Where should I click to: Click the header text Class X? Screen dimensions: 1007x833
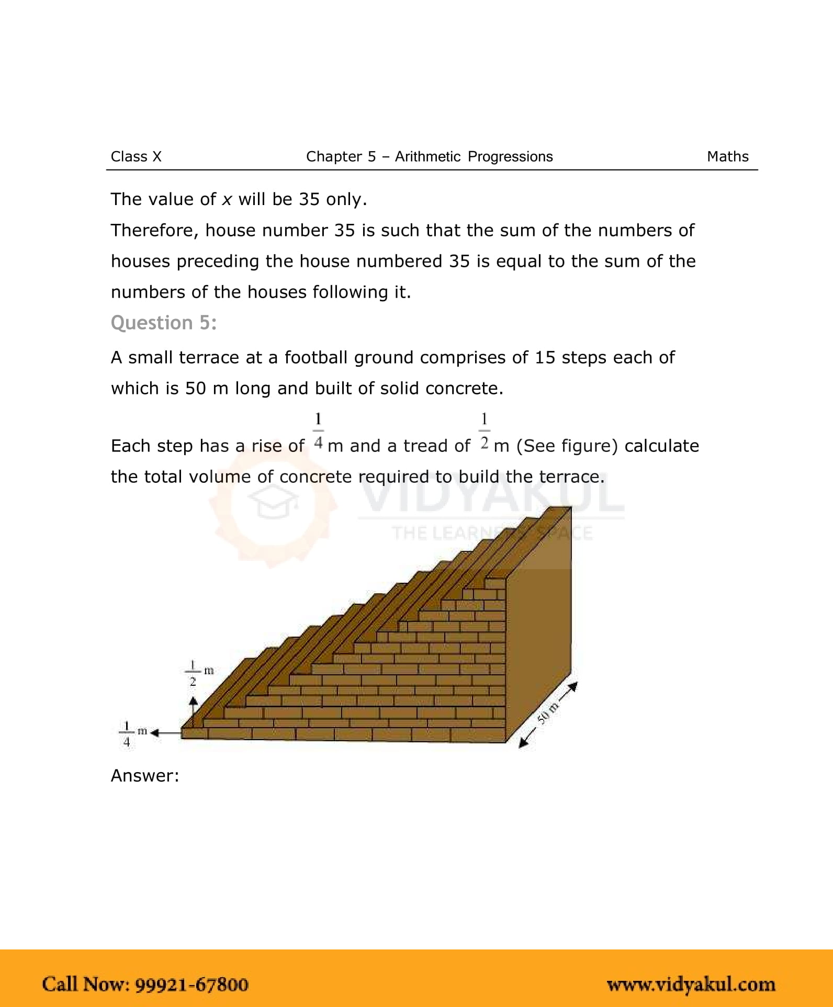point(136,156)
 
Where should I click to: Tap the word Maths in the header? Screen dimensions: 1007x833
point(727,156)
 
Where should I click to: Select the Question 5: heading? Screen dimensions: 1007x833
point(163,323)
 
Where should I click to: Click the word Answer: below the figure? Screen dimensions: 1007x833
point(145,775)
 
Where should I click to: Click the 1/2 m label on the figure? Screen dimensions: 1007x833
point(198,673)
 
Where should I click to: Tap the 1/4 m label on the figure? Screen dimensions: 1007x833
point(132,733)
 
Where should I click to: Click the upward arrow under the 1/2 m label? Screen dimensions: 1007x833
point(193,709)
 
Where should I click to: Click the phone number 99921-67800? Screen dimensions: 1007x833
point(192,985)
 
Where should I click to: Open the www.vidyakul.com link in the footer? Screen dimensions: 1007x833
point(691,985)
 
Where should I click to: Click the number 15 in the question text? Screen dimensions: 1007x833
point(545,357)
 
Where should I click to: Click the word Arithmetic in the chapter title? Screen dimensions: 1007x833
point(427,156)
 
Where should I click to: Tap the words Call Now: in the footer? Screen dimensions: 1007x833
point(86,985)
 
